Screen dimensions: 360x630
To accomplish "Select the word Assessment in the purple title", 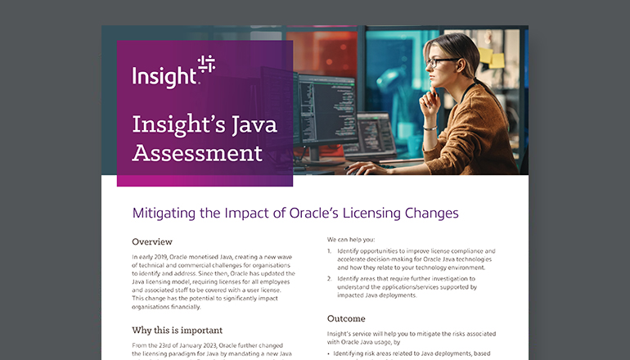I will point(197,153).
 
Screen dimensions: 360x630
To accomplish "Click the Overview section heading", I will point(152,241).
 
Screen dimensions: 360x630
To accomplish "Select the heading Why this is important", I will point(178,331).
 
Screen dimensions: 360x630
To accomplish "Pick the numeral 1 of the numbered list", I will point(330,251).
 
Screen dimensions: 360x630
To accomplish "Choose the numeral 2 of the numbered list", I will point(330,279).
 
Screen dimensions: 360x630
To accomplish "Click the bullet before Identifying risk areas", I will point(329,353).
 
